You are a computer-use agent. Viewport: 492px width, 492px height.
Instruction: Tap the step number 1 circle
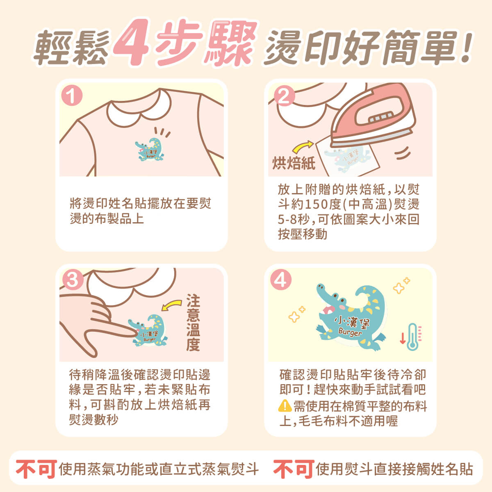[x=72, y=96]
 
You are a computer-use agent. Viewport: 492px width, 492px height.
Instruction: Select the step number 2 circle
[x=285, y=96]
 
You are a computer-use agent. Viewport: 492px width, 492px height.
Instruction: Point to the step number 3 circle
[x=73, y=280]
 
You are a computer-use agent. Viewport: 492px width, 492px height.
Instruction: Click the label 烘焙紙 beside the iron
[x=294, y=163]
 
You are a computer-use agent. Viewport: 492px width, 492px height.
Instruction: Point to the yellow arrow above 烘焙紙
[x=303, y=146]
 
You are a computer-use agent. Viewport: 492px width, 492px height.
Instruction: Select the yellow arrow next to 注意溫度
[x=171, y=305]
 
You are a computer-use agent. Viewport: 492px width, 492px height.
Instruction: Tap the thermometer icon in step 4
[x=412, y=337]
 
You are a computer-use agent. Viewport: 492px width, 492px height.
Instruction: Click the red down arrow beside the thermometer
[x=403, y=338]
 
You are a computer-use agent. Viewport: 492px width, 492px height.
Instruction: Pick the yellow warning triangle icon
[x=285, y=406]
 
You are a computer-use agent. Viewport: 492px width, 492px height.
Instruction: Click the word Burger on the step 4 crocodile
[x=350, y=332]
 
